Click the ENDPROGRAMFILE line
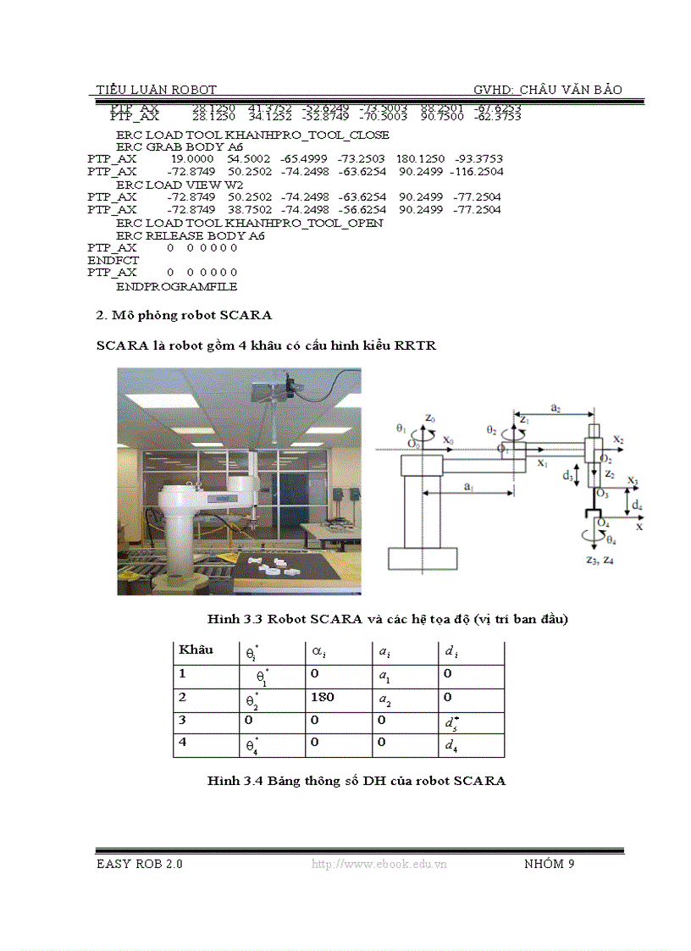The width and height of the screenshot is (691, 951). [176, 286]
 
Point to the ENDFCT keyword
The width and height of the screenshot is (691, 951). [113, 261]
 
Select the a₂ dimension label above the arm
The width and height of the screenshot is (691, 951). [555, 407]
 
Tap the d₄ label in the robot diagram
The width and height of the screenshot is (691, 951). [637, 506]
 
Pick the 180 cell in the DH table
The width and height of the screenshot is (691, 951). [323, 697]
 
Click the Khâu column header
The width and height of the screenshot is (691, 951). [196, 650]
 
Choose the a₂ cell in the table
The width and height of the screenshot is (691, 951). [384, 698]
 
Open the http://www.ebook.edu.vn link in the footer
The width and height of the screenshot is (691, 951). [379, 864]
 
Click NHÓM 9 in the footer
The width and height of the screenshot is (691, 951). [550, 864]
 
